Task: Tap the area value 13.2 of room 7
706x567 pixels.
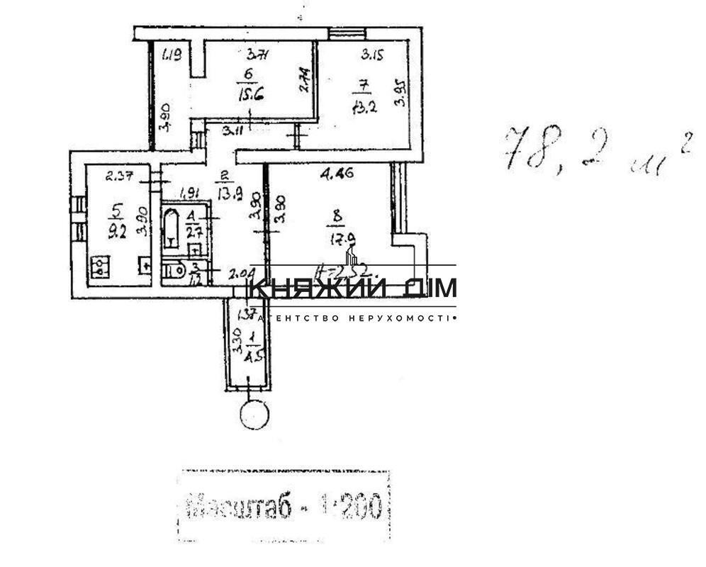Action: coord(362,106)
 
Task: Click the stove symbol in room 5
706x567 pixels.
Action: coord(101,266)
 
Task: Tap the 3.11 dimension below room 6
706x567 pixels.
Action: coord(230,131)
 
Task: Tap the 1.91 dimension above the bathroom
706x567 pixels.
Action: coord(188,191)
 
